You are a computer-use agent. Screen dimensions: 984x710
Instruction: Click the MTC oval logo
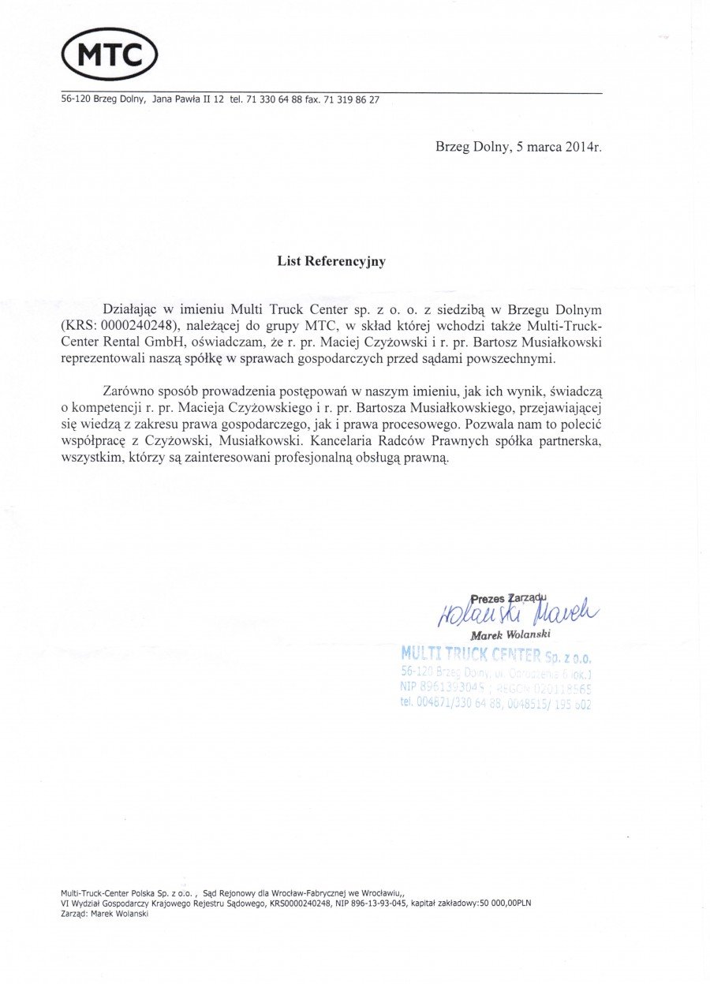pos(110,54)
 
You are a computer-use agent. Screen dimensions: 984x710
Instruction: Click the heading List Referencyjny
pos(331,261)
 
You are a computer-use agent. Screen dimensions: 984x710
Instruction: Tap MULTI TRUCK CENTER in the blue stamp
pos(471,654)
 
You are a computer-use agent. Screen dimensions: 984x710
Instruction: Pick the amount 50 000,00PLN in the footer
pos(503,904)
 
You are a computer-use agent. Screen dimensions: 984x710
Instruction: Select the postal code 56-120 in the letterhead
pos(76,100)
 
